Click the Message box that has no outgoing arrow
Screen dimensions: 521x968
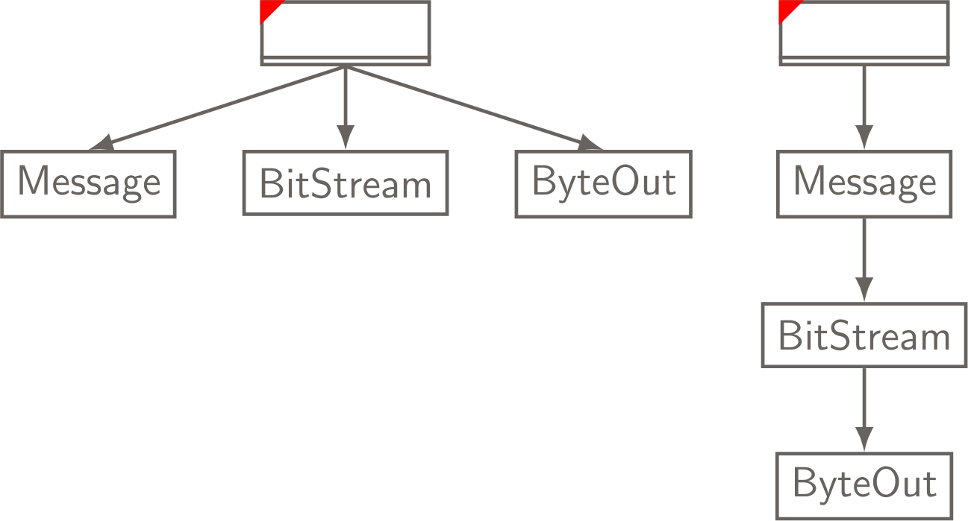pos(88,184)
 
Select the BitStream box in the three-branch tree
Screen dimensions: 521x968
pos(346,183)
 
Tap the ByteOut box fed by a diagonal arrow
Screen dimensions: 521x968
pos(603,184)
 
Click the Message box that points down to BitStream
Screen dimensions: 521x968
pos(864,184)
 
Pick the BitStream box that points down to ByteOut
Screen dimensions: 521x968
pos(864,335)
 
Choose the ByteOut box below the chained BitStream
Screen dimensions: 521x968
pos(864,485)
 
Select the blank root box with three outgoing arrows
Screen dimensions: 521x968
pos(346,32)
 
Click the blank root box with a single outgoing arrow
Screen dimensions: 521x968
pos(864,32)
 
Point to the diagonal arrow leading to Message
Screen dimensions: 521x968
pos(224,104)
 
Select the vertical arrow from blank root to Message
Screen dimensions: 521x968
pos(864,101)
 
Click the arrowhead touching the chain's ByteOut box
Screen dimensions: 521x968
pos(864,440)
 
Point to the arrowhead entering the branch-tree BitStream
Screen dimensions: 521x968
pos(346,138)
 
